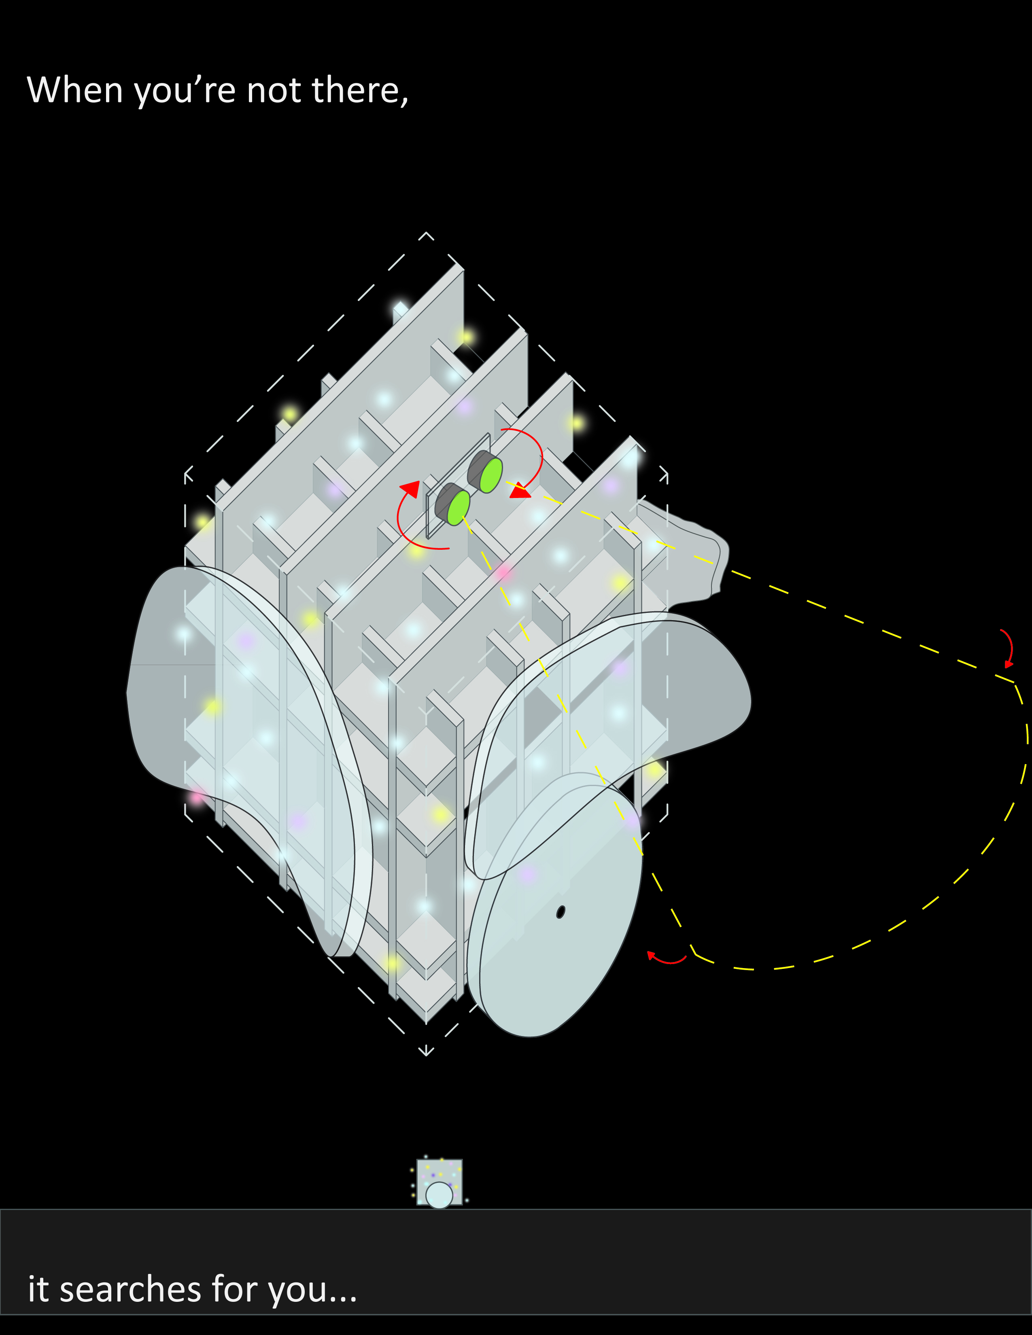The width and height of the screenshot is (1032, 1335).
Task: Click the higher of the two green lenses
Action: (491, 475)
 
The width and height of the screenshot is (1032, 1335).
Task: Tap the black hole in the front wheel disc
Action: (560, 912)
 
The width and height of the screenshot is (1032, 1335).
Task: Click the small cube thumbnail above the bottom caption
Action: (440, 1182)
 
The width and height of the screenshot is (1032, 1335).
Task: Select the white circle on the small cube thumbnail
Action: (439, 1195)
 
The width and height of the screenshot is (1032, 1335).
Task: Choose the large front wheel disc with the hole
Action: (555, 905)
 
